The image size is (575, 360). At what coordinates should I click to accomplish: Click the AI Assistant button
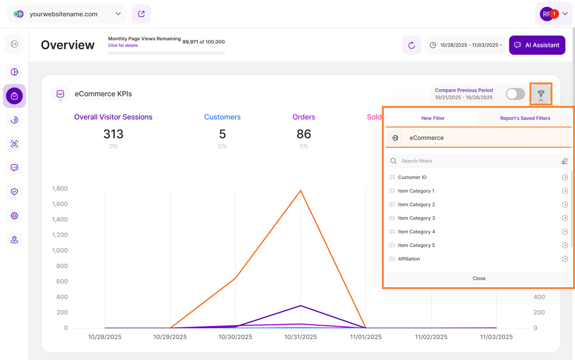click(x=537, y=45)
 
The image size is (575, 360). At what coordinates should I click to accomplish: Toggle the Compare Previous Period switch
click(x=515, y=94)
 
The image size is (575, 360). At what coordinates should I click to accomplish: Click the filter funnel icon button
click(x=541, y=94)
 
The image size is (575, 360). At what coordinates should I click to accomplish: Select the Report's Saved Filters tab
click(x=525, y=118)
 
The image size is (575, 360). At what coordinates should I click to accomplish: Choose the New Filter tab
click(x=433, y=118)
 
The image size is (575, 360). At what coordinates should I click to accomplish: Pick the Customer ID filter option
click(x=412, y=177)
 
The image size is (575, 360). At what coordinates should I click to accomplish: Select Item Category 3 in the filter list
click(x=416, y=218)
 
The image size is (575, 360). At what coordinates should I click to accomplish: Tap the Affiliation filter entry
click(x=409, y=259)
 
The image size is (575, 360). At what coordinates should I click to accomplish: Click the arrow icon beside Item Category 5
click(x=565, y=245)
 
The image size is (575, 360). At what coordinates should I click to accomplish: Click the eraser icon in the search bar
click(x=564, y=161)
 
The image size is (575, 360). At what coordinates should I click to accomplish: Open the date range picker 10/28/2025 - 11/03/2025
click(x=465, y=45)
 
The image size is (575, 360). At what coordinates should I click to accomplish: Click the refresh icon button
click(x=411, y=45)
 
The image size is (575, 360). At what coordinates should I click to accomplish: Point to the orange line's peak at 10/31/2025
click(x=300, y=190)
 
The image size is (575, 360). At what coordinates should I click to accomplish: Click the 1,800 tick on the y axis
click(x=60, y=188)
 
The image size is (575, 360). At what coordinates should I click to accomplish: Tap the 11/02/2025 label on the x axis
click(x=431, y=337)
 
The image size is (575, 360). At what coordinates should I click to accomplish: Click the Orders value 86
click(x=304, y=134)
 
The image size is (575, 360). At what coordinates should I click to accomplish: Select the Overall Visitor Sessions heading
click(x=113, y=117)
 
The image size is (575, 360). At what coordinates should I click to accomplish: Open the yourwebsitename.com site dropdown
click(x=67, y=14)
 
